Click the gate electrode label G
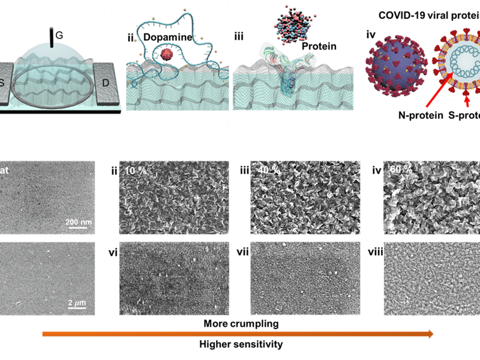click(x=59, y=36)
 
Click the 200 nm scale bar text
click(x=79, y=222)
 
